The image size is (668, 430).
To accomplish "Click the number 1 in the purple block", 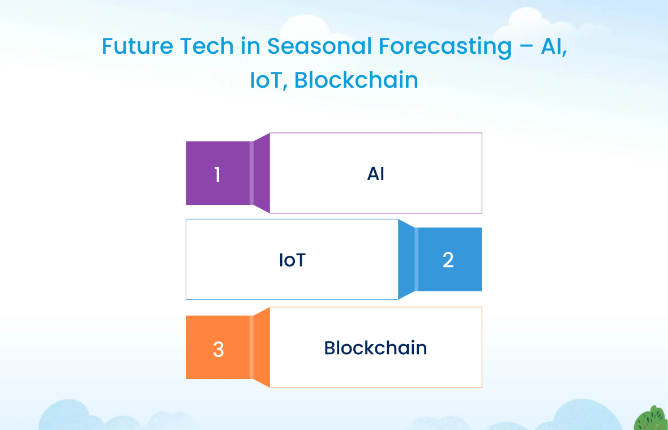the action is pyautogui.click(x=217, y=175).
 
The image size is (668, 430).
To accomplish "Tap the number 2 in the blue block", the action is pyautogui.click(x=448, y=260).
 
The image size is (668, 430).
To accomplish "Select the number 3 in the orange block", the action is pyautogui.click(x=218, y=349).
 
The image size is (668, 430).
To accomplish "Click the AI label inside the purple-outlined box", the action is pyautogui.click(x=376, y=174).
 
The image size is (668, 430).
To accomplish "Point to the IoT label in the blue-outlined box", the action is pyautogui.click(x=292, y=260).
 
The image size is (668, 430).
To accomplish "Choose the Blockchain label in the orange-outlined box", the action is pyautogui.click(x=375, y=348).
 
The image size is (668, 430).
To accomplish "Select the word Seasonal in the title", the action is pyautogui.click(x=319, y=46).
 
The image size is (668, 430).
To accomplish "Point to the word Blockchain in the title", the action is pyautogui.click(x=356, y=80).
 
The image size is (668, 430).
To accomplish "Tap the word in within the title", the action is pyautogui.click(x=250, y=46).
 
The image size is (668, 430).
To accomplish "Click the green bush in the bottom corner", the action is pyautogui.click(x=650, y=419).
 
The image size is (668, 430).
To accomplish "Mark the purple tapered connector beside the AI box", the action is pyautogui.click(x=262, y=173).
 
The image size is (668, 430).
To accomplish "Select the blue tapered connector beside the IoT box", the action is pyautogui.click(x=406, y=259).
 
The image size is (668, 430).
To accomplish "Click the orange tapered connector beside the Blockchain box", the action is pyautogui.click(x=262, y=347).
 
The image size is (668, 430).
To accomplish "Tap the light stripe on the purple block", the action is pyautogui.click(x=251, y=173).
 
